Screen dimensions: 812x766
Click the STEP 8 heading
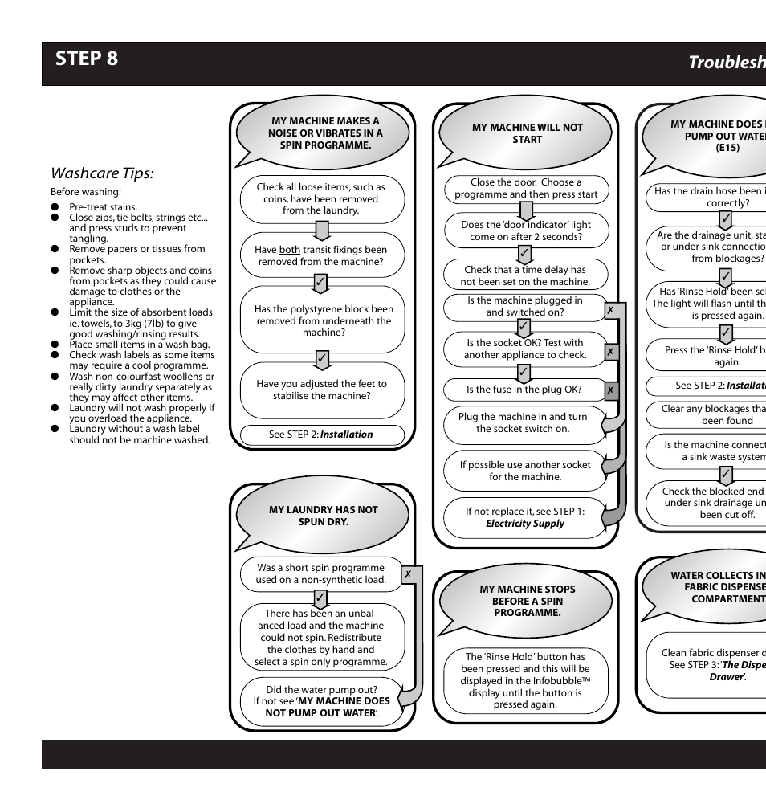tap(87, 59)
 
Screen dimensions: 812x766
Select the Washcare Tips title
tap(102, 173)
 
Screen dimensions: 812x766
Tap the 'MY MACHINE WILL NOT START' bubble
tap(527, 133)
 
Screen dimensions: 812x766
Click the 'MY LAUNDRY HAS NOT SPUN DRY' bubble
tap(323, 516)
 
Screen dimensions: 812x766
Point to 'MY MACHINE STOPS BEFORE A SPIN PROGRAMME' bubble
tap(527, 601)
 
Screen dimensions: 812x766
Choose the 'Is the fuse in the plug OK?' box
tap(524, 390)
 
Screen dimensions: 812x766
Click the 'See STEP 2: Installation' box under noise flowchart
tap(320, 435)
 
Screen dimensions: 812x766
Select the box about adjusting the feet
tap(321, 390)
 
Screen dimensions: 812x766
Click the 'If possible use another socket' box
tap(524, 471)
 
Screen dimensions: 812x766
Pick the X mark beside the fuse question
tap(611, 390)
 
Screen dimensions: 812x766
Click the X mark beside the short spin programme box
tap(409, 574)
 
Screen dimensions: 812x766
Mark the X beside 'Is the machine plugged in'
tap(611, 309)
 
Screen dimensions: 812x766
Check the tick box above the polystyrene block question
tap(320, 283)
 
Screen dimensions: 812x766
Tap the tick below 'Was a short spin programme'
tap(320, 598)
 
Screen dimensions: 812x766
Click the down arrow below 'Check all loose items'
tap(321, 231)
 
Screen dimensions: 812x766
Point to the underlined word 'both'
tap(290, 250)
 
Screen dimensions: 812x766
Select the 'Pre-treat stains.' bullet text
tap(103, 206)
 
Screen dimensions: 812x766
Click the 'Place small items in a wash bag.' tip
tap(139, 345)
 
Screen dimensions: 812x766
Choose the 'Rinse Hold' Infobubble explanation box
tap(525, 680)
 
